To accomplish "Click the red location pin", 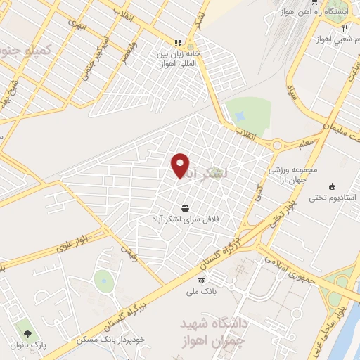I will pos(181,164).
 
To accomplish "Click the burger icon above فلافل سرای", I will pos(185,207).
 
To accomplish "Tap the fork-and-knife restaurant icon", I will pos(345,29).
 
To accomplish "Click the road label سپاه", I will pos(290,92).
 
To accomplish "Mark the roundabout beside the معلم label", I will pos(276,146).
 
